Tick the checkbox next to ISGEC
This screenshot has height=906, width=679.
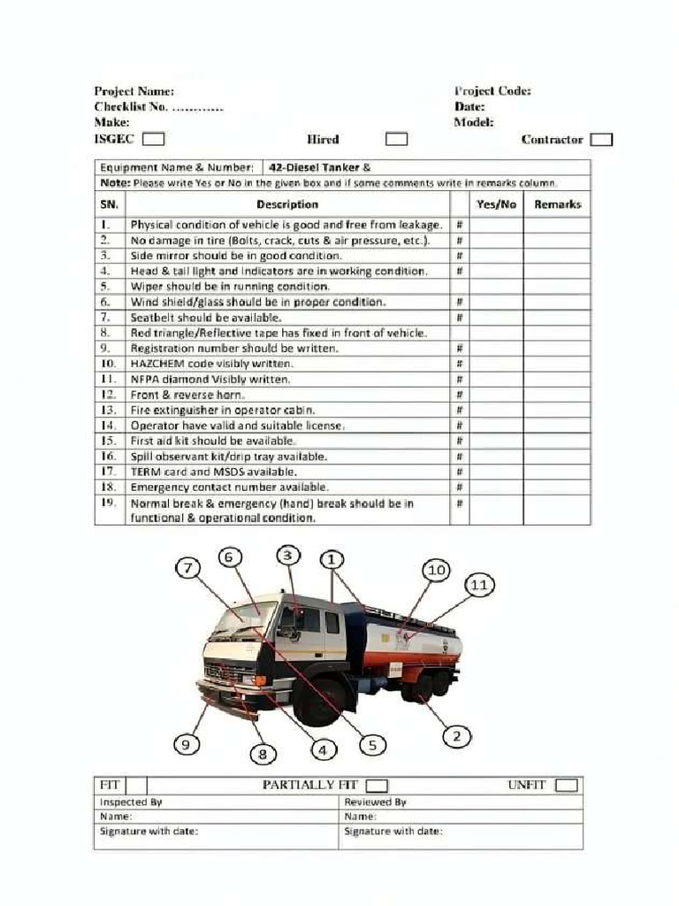click(153, 139)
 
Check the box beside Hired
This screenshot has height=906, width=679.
click(397, 139)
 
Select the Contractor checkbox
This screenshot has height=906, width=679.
click(602, 139)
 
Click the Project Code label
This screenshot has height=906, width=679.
click(492, 91)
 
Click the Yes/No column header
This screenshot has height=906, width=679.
click(496, 204)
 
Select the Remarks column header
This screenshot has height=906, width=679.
click(557, 204)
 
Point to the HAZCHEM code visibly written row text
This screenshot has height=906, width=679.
click(212, 364)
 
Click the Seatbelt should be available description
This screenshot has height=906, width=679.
click(206, 318)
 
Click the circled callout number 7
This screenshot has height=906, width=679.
click(187, 568)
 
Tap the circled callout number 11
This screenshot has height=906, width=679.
click(478, 585)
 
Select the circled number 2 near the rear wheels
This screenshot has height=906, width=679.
click(456, 735)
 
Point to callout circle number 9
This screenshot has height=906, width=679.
click(185, 745)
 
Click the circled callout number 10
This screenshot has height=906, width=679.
click(437, 571)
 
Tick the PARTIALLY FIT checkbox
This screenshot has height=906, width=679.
click(377, 786)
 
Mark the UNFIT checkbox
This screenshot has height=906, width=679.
click(567, 786)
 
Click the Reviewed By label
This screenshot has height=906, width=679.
click(375, 802)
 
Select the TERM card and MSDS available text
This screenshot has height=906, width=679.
click(213, 472)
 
